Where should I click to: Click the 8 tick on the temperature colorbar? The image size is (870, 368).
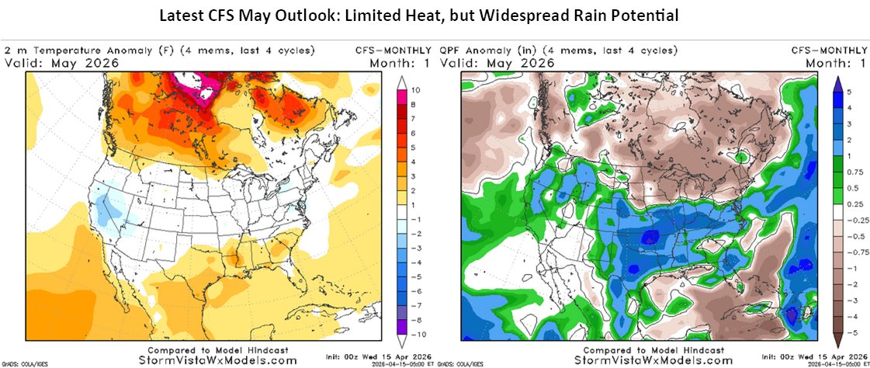pos(416,103)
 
